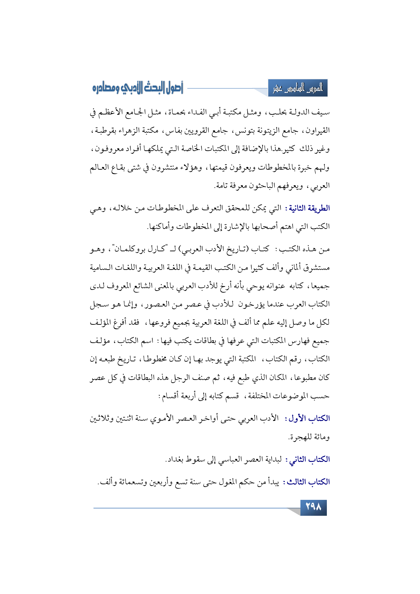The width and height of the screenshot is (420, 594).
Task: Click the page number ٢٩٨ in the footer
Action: [313, 507]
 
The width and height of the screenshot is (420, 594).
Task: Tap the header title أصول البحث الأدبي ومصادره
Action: [138, 88]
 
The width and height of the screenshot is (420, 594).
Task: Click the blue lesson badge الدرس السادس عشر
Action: [298, 89]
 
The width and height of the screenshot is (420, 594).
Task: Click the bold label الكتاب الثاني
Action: [308, 460]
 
